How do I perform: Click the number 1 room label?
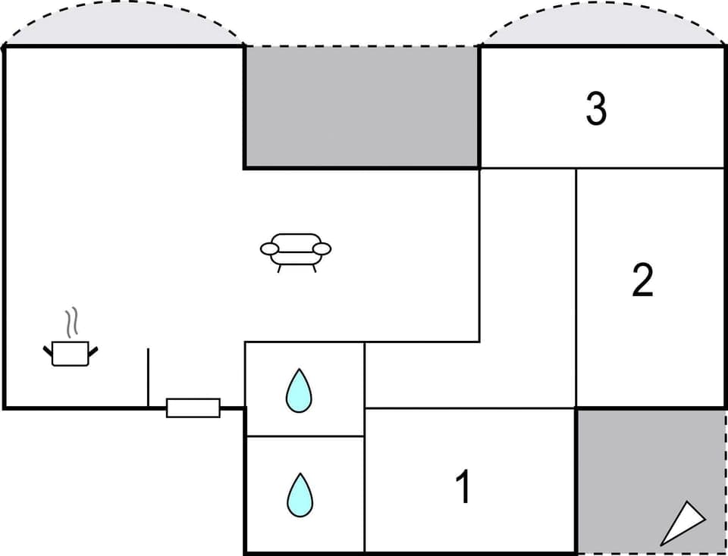463,486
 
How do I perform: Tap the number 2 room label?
642,280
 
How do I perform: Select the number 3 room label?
596,109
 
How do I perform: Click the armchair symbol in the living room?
296,250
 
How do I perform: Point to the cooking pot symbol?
71,353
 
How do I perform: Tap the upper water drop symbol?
299,390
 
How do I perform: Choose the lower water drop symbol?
299,495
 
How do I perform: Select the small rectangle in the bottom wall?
193,408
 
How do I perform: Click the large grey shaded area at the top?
362,106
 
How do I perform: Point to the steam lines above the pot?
72,323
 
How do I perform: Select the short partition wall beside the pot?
148,377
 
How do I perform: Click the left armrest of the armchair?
269,248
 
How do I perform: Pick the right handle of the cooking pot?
93,349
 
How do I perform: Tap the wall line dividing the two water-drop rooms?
305,436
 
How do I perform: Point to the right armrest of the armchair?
322,248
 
